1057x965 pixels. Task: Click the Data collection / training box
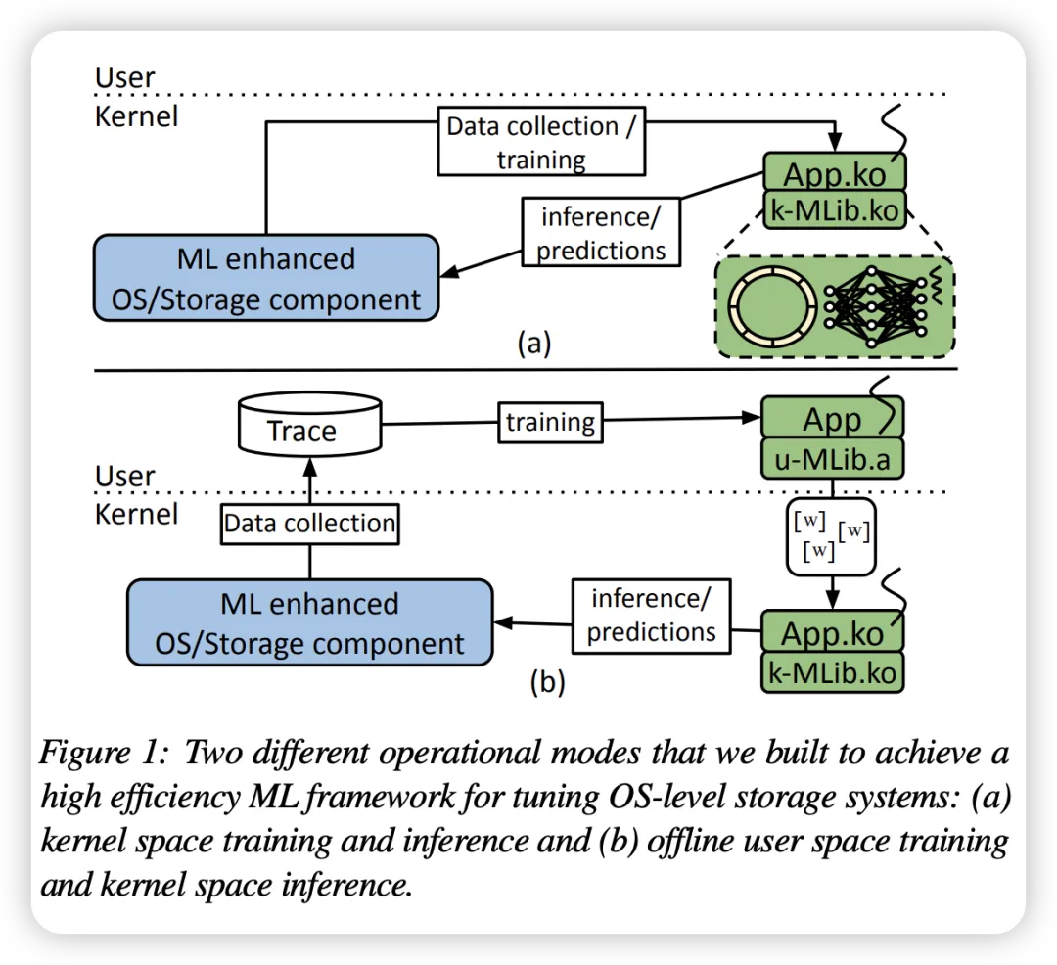540,142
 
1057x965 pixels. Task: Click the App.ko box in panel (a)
835,174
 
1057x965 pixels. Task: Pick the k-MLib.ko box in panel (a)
835,210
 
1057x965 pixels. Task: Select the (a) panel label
533,344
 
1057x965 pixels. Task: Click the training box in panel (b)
550,422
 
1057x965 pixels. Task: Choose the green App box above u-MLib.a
832,419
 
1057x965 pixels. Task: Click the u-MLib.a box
832,459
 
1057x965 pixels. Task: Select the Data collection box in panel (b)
309,523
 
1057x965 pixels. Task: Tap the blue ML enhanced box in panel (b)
309,622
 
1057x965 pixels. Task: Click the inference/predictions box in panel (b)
651,614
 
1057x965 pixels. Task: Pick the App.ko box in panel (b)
832,632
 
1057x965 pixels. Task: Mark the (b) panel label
546,681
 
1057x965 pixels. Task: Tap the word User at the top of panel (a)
124,77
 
